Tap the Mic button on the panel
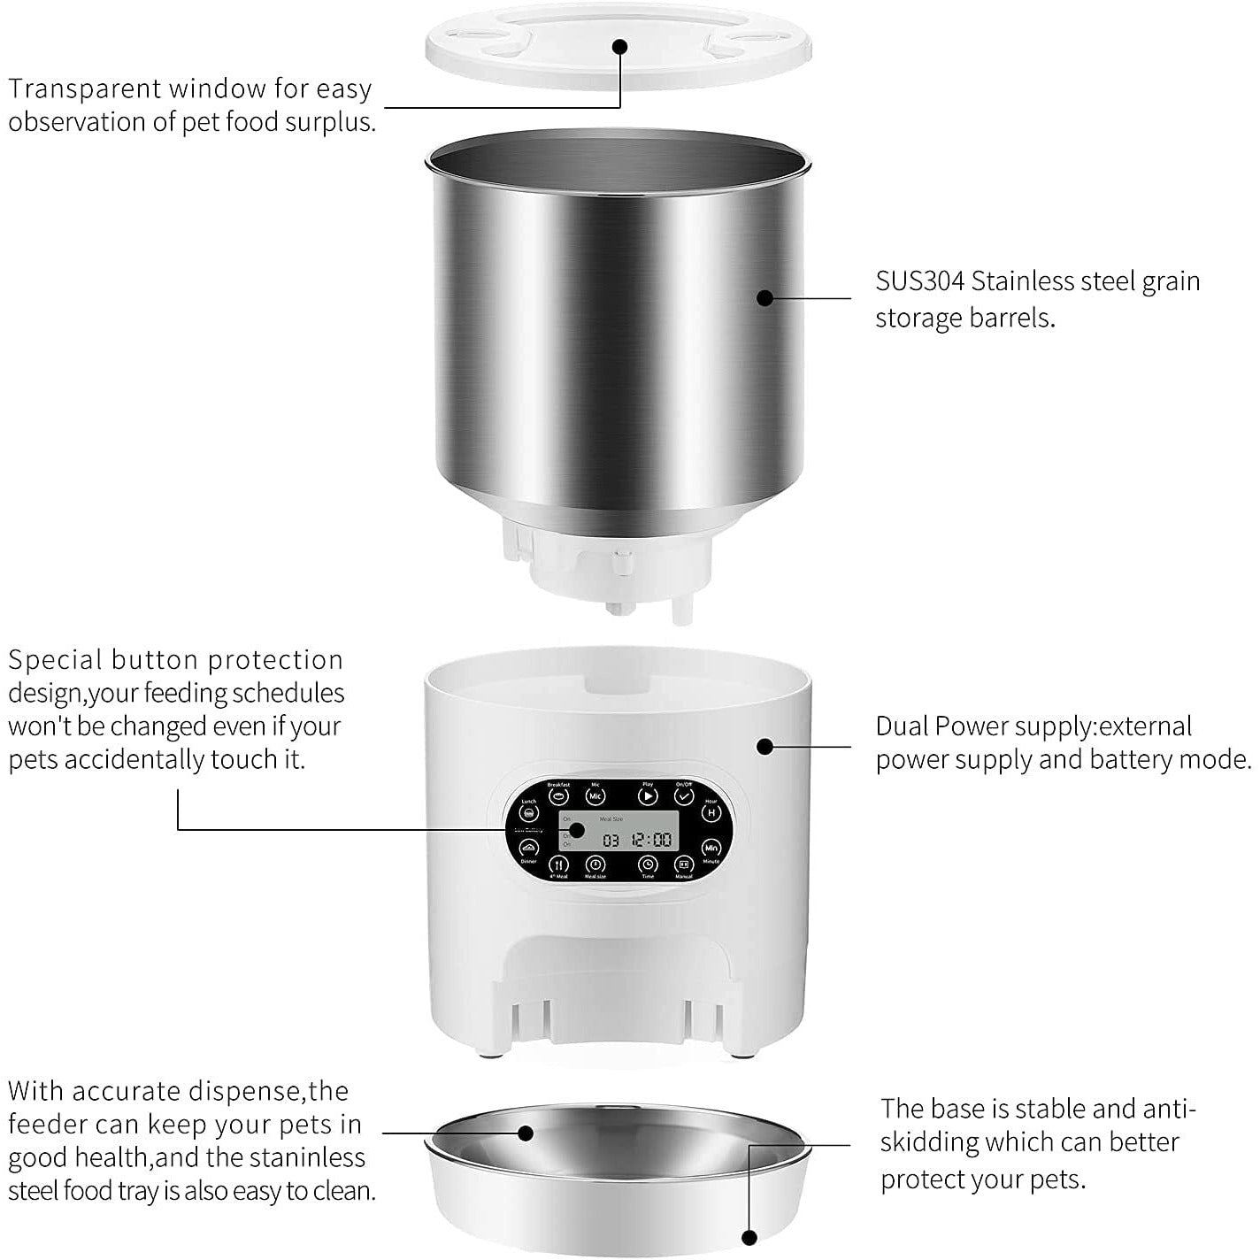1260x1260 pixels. pos(595,796)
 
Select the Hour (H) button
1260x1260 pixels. pos(711,812)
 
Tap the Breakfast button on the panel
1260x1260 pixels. pos(559,796)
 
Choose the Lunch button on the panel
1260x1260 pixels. pos(529,812)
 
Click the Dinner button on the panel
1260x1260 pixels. pos(529,848)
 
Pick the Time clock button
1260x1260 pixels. pos(648,864)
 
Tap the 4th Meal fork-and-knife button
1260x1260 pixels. pos(559,864)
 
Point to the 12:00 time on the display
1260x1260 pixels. pos(651,839)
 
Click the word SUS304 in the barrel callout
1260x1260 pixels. pos(919,281)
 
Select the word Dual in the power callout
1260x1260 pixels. pos(902,726)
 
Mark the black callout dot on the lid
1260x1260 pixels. pos(619,46)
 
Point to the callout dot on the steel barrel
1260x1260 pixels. pos(765,297)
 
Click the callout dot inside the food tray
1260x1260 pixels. pos(526,1132)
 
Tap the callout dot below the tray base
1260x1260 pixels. pos(749,1238)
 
